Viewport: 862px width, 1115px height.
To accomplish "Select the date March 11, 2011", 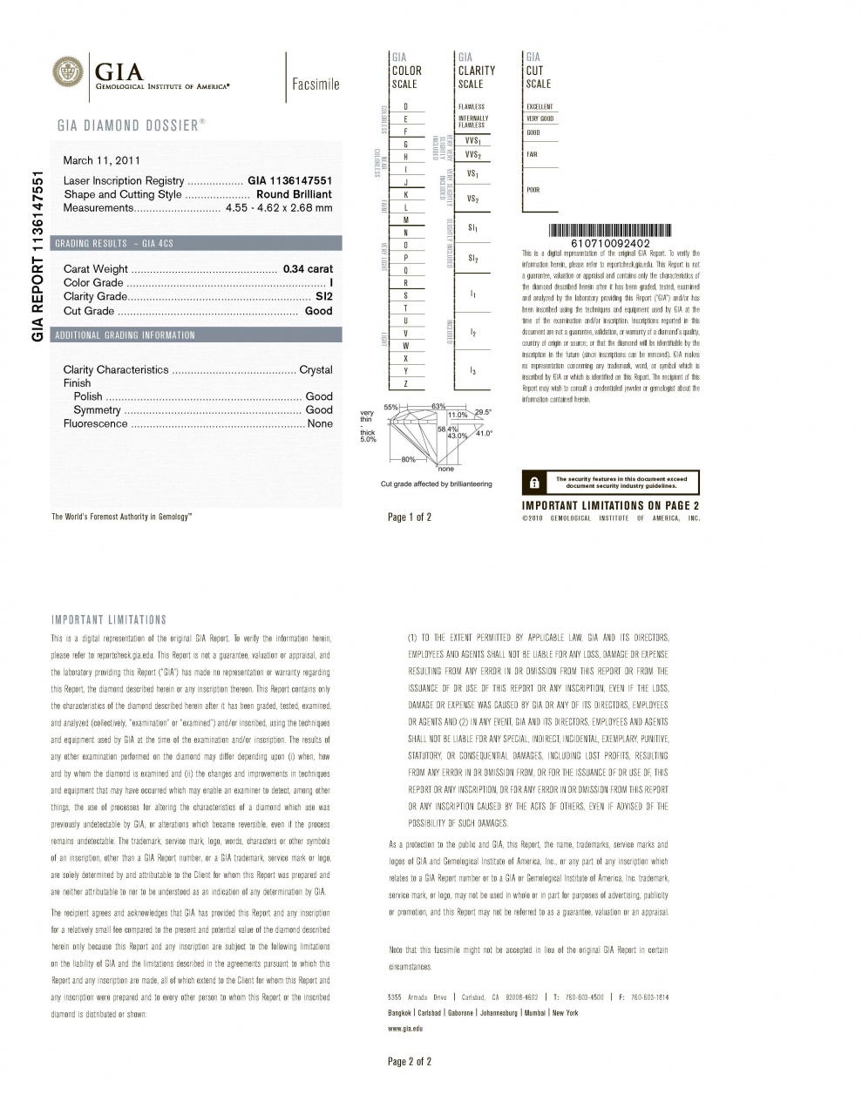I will point(102,160).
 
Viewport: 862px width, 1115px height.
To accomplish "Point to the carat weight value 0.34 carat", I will point(308,269).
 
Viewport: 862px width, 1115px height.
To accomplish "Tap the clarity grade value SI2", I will point(323,297).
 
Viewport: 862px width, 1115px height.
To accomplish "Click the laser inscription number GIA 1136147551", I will point(290,181).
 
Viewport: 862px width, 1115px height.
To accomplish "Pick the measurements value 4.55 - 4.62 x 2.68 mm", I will point(279,208).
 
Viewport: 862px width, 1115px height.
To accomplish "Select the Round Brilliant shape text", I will point(294,194).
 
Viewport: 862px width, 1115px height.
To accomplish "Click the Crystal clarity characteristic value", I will point(316,370).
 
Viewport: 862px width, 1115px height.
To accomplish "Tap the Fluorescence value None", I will point(320,424).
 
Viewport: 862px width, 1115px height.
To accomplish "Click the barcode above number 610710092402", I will point(609,230).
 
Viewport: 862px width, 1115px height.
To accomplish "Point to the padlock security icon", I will point(535,483).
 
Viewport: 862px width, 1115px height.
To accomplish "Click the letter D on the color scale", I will point(406,106).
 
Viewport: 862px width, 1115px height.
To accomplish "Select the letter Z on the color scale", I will point(406,384).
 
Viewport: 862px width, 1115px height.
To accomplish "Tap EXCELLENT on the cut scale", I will point(540,106).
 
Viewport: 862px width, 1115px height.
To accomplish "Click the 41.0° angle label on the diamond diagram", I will point(483,433).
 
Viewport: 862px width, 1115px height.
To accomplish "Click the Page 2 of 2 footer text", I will point(410,1061).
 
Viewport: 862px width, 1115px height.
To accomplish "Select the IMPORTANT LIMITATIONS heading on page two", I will point(109,620).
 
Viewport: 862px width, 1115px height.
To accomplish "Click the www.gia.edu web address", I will point(405,1029).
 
